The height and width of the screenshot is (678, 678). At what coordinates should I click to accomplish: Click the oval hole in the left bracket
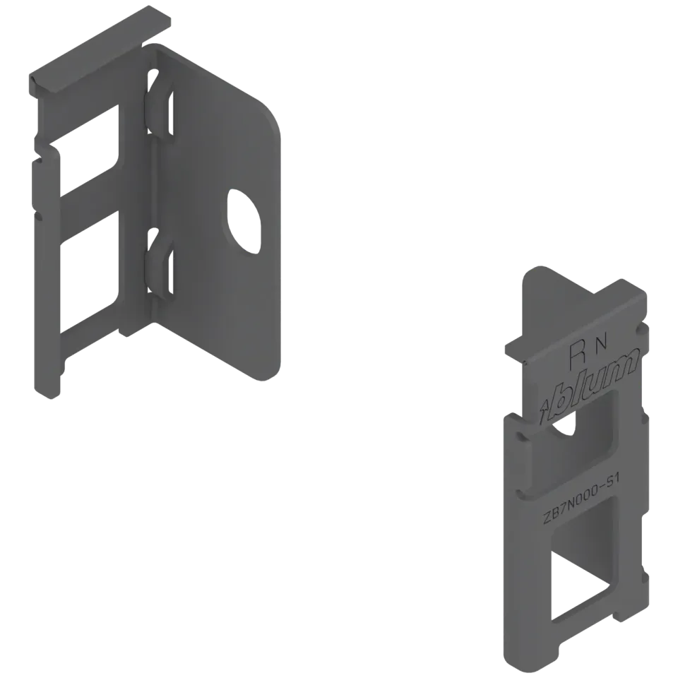[x=244, y=221]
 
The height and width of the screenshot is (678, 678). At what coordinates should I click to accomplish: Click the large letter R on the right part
[x=578, y=354]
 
